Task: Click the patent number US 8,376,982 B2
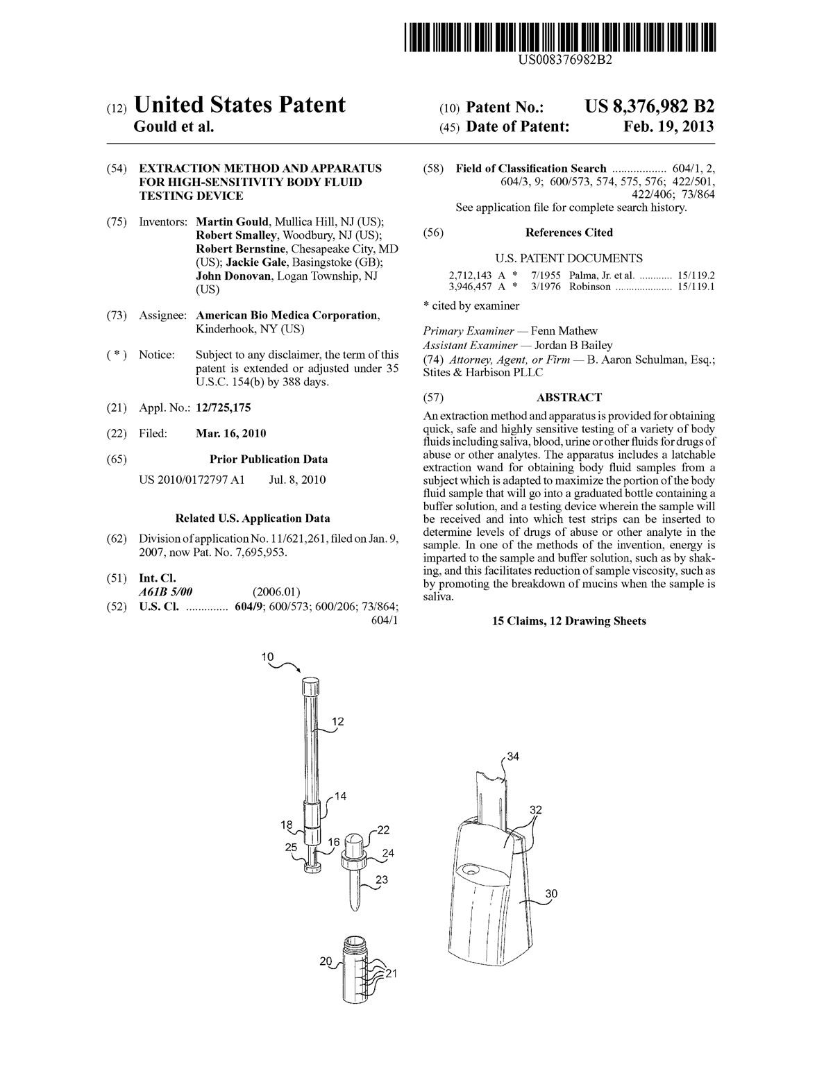[x=649, y=106]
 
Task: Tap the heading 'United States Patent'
[x=239, y=105]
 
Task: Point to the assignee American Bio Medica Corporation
[x=287, y=315]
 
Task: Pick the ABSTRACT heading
[x=569, y=398]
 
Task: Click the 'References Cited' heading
[x=569, y=233]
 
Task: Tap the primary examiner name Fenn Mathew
[x=564, y=331]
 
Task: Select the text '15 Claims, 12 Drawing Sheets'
[x=569, y=621]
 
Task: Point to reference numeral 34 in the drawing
[x=512, y=756]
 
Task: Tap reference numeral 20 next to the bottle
[x=326, y=961]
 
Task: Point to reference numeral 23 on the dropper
[x=381, y=879]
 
